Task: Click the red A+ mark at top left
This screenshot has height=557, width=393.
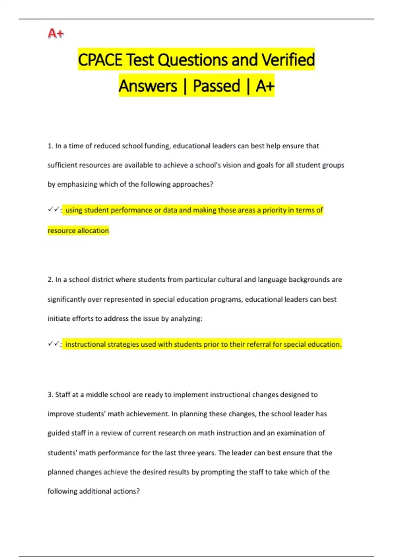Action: coord(56,33)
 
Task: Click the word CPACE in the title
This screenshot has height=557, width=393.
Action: coord(100,60)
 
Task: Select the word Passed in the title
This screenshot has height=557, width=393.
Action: coord(216,86)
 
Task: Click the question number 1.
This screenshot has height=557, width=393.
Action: coord(50,146)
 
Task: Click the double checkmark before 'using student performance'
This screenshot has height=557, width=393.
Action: coord(53,210)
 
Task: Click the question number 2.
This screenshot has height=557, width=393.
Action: coord(50,280)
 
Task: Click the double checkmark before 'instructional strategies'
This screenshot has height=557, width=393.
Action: coord(53,344)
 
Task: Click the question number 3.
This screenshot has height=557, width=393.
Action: coord(50,395)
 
